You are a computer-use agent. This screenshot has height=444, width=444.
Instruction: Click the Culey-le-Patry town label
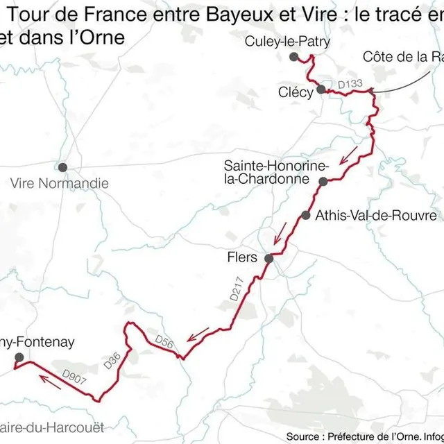(x=287, y=42)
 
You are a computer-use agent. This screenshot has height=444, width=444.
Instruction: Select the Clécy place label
(x=296, y=92)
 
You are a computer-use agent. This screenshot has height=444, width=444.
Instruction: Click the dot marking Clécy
(x=321, y=89)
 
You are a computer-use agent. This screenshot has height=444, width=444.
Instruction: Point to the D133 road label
(x=350, y=85)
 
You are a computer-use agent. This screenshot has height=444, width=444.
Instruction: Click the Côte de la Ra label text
(x=402, y=57)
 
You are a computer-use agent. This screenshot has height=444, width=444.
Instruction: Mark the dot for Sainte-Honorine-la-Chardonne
(x=323, y=182)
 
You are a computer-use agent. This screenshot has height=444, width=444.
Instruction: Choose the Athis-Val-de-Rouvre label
(x=375, y=216)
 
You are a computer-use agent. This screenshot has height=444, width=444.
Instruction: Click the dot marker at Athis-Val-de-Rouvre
(x=306, y=215)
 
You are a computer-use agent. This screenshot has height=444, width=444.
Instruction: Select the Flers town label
(x=242, y=257)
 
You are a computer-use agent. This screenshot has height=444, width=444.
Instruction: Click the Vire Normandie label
(x=60, y=184)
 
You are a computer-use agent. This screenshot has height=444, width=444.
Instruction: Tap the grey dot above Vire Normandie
(x=63, y=167)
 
